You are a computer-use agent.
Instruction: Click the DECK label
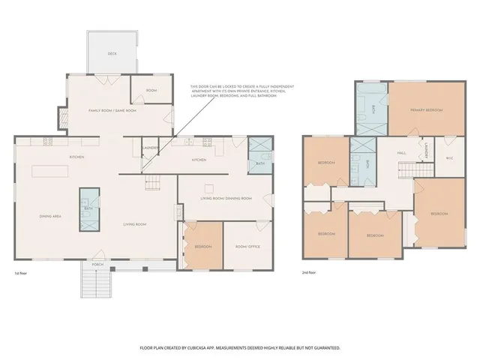[112, 54]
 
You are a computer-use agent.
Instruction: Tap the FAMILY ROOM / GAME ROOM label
[112, 110]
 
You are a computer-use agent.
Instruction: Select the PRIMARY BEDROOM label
[426, 110]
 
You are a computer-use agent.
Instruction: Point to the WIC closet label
[449, 158]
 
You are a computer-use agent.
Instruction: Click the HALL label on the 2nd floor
[402, 152]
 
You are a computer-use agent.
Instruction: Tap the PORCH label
[97, 264]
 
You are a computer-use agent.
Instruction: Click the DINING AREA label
[50, 217]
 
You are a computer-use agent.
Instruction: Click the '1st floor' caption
[22, 273]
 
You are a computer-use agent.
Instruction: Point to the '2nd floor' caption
[309, 273]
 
